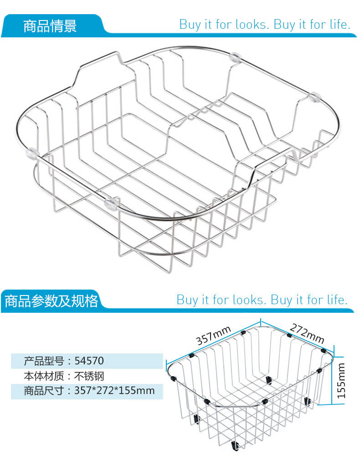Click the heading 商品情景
click(x=50, y=26)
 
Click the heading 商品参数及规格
click(x=51, y=301)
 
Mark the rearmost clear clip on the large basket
click(x=236, y=57)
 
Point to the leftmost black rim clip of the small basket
click(x=174, y=377)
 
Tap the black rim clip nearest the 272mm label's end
click(x=324, y=350)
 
